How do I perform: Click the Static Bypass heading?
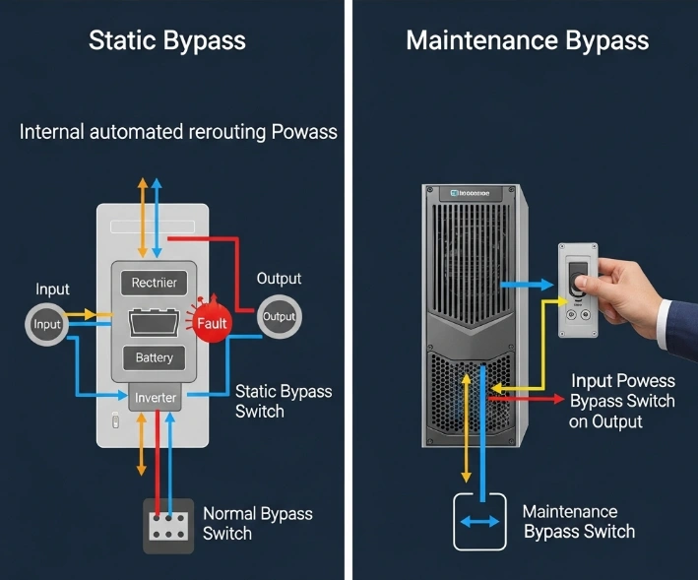click(166, 40)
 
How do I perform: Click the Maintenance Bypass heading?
click(527, 40)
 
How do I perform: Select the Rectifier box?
click(154, 283)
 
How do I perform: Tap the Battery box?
click(154, 357)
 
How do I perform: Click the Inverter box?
click(155, 398)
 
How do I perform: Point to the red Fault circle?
click(211, 322)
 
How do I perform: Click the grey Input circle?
click(47, 324)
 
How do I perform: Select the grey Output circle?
click(279, 317)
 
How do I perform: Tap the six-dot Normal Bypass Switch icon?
click(167, 526)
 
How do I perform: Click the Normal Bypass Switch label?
click(257, 523)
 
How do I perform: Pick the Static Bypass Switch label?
click(284, 401)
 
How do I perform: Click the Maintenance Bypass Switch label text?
click(578, 521)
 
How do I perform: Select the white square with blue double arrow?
click(478, 521)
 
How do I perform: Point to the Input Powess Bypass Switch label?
click(622, 401)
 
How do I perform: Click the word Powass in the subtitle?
click(300, 132)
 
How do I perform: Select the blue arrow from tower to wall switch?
click(527, 285)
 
